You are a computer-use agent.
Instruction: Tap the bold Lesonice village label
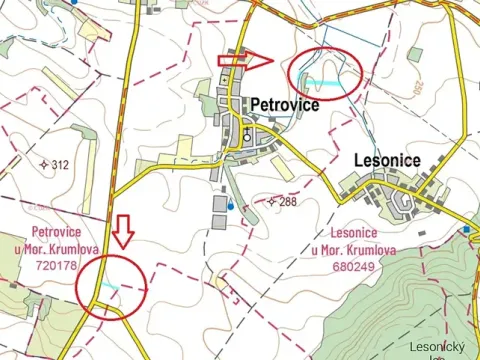(388, 159)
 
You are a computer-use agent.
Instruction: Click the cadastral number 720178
(55, 266)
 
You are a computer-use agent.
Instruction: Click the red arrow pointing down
(123, 230)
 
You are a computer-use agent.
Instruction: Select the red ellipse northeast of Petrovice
(324, 72)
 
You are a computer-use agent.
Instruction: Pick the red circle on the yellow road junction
(112, 287)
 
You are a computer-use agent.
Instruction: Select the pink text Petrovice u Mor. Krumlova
(55, 241)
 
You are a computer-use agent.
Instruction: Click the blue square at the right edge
(466, 229)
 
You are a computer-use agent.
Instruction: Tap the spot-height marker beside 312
(44, 164)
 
